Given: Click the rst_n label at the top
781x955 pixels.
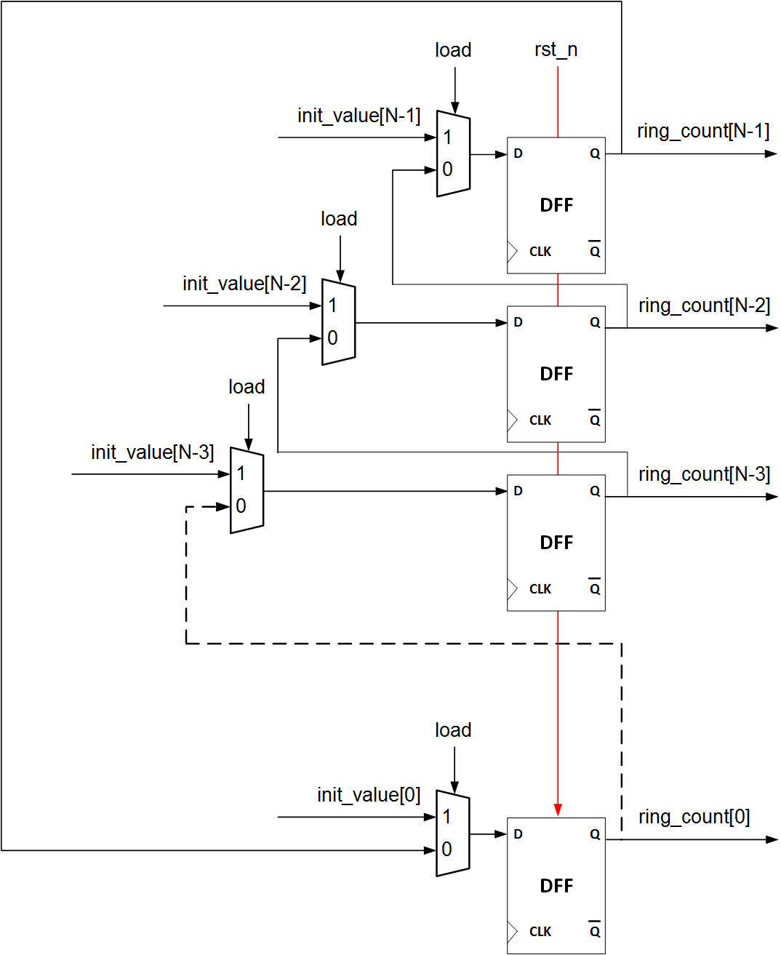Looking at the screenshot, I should coord(556,50).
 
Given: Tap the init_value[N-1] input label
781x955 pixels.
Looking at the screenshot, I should coord(359,116).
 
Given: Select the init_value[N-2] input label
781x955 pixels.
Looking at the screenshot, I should coord(244,284).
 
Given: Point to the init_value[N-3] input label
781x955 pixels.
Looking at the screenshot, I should coord(152,452).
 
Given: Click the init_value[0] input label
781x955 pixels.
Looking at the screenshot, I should coord(369,795).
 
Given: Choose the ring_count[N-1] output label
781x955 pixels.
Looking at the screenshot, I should coord(702,132).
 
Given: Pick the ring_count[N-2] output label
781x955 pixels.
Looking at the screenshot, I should coord(704,306).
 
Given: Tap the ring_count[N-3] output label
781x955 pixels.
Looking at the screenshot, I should coord(704,475).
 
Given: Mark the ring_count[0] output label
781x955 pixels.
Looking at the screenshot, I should coord(694,818).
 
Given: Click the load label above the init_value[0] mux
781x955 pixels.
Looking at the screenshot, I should coord(453,730).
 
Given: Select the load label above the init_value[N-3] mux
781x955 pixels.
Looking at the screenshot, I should coord(247,387).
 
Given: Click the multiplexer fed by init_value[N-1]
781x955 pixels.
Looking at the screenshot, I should coord(453,154).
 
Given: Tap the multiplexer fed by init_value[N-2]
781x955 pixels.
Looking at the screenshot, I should coord(339,322).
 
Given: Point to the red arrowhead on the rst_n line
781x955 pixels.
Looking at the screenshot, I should coord(558,810).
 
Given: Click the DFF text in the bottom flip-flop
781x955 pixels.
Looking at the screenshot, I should coord(556,886).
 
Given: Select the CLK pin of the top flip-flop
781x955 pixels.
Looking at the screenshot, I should coord(540,252).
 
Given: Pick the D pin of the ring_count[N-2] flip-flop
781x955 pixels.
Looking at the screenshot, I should coord(518,322).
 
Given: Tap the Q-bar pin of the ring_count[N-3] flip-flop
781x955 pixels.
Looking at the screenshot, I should coord(595,589).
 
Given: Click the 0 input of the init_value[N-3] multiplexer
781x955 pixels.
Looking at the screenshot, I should coord(241,506).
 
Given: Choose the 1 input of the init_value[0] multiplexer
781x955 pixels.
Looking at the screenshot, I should coord(446,817).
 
